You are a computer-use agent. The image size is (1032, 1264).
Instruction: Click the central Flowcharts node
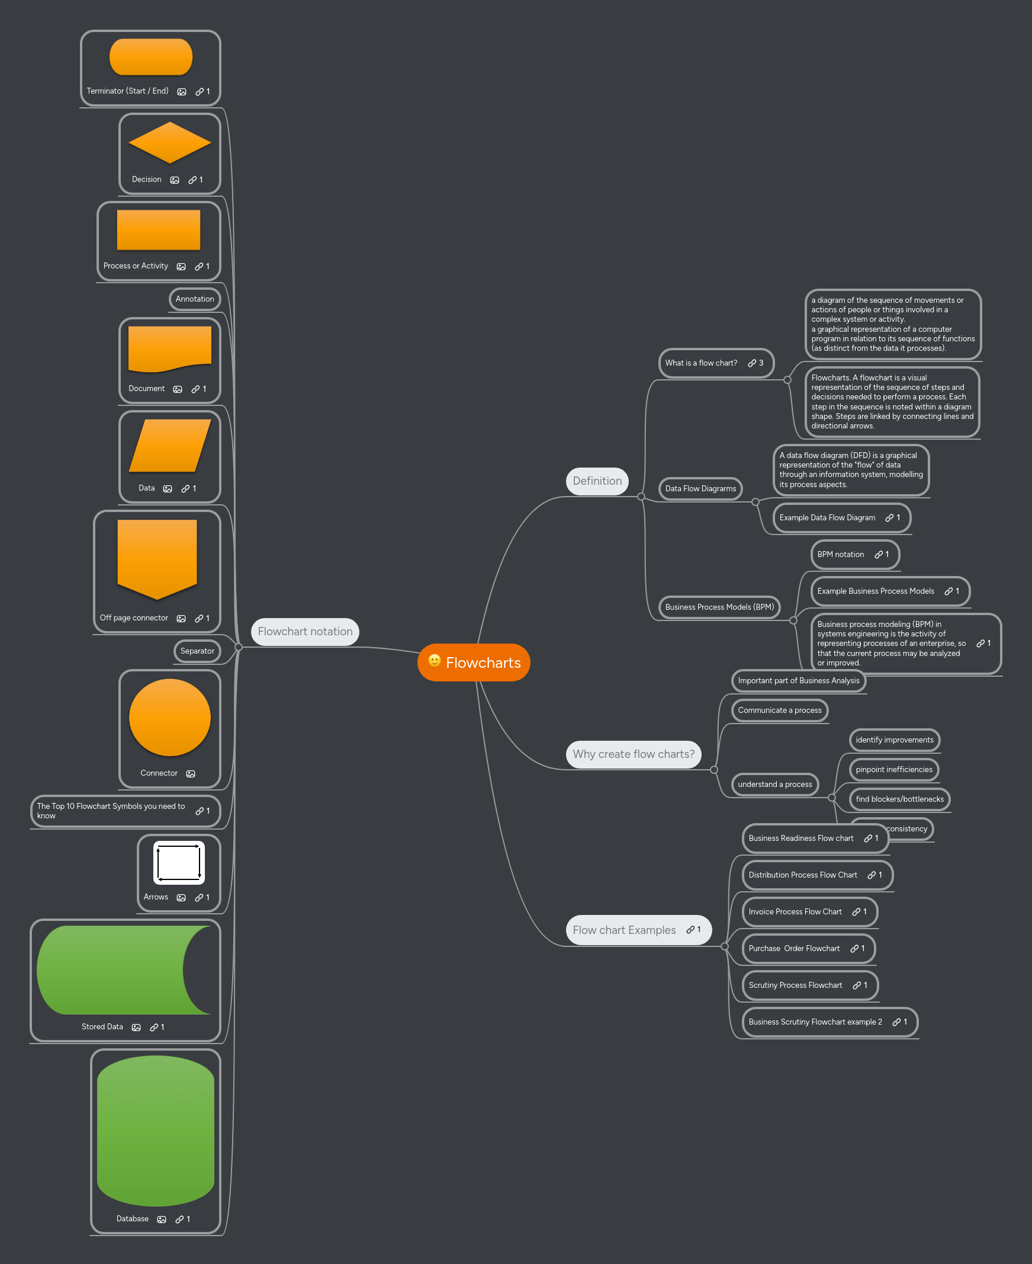click(482, 663)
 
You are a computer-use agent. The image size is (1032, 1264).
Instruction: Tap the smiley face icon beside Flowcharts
click(435, 661)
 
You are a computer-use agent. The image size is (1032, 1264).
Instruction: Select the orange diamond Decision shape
click(169, 143)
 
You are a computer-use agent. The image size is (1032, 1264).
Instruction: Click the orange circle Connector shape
click(169, 718)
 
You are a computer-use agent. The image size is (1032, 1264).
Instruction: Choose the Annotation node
click(194, 299)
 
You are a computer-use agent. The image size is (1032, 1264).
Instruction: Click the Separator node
click(197, 651)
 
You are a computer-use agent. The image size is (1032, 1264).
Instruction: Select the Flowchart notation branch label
click(305, 632)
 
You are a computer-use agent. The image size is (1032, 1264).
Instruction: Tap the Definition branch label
click(597, 481)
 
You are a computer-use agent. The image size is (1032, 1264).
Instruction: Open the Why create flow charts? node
click(633, 754)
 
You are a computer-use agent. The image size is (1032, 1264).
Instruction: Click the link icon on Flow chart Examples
click(690, 930)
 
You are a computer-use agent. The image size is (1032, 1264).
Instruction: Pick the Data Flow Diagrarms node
click(700, 489)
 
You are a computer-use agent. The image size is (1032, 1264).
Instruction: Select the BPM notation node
click(840, 555)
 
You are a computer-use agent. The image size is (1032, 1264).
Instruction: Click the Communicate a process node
click(779, 710)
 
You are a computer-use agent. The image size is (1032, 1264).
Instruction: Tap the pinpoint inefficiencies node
click(893, 770)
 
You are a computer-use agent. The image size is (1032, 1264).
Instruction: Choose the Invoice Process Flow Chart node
click(795, 912)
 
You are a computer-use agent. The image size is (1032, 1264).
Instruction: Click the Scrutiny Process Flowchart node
click(795, 985)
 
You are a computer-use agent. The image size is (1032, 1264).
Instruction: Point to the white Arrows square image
click(179, 862)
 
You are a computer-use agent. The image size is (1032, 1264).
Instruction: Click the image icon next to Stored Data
click(136, 1028)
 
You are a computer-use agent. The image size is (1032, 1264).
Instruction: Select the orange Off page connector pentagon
click(157, 558)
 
